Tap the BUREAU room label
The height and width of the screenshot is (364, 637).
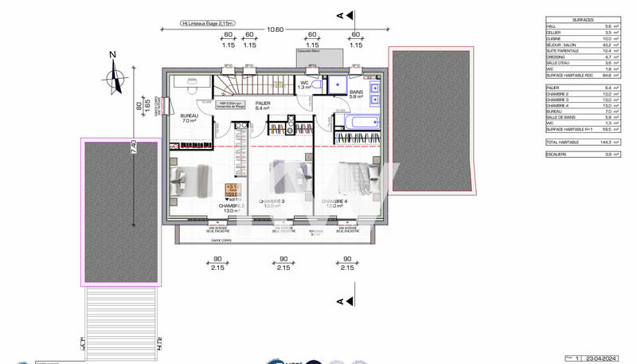[x=189, y=116]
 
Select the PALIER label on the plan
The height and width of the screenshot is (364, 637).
[x=262, y=104]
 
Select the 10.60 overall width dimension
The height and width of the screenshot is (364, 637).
[x=275, y=29]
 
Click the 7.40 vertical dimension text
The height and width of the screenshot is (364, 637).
[x=134, y=147]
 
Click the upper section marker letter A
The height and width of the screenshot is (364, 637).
[x=340, y=14]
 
